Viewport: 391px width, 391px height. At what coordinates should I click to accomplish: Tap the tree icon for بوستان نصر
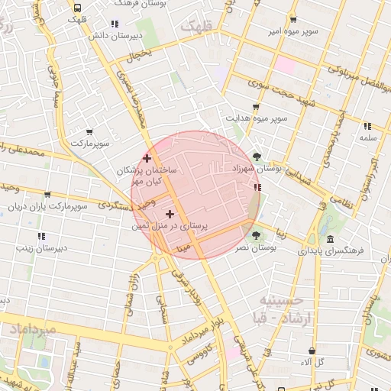click(x=255, y=235)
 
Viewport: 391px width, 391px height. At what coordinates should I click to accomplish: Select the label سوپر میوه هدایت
click(x=255, y=118)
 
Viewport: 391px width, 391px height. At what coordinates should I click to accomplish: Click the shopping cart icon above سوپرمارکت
click(x=90, y=132)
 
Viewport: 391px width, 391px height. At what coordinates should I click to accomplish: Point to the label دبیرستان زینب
click(x=40, y=247)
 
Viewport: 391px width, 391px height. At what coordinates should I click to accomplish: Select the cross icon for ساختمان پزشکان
click(x=147, y=158)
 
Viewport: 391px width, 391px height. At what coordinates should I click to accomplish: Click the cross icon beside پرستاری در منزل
click(x=170, y=215)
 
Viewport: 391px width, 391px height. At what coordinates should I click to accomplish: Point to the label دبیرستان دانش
click(x=115, y=35)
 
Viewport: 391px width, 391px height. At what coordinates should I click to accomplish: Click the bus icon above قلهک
click(x=77, y=8)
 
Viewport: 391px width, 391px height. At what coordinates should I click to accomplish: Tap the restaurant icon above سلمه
click(x=367, y=127)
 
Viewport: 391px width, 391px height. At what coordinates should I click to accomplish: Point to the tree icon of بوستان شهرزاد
click(x=257, y=157)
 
